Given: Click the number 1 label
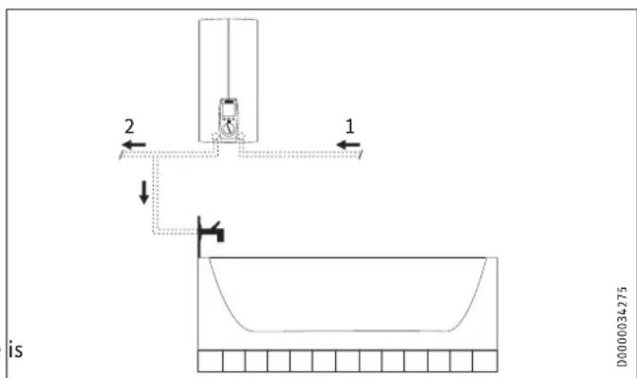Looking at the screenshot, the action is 350,124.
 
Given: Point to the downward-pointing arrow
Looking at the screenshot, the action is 143,191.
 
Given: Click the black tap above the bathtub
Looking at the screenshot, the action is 210,231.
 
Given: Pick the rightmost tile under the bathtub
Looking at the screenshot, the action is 485,362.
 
